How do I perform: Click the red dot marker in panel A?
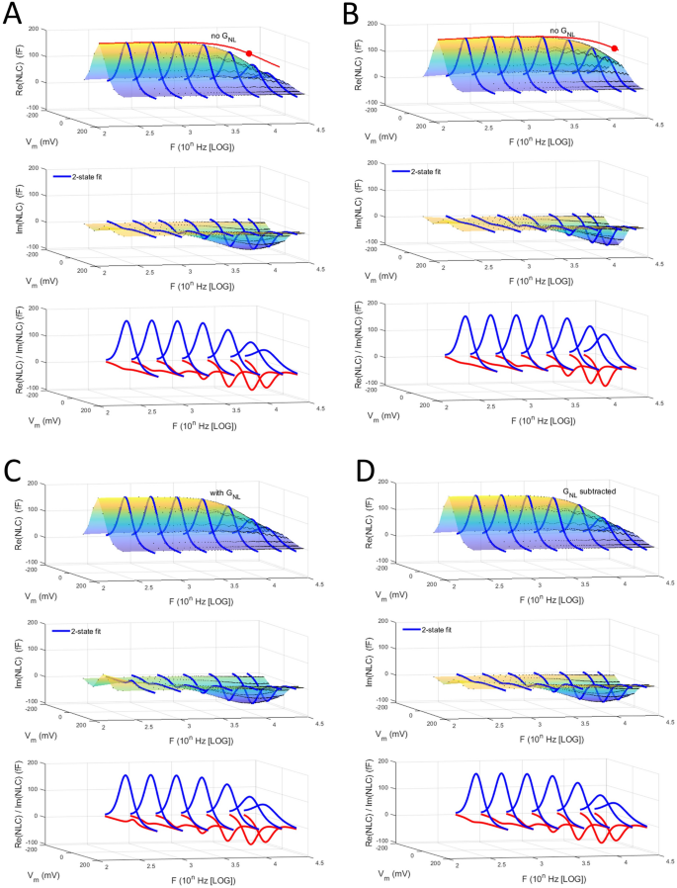coord(249,53)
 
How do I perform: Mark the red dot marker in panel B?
coord(615,47)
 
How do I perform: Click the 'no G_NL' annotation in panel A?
coord(225,37)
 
